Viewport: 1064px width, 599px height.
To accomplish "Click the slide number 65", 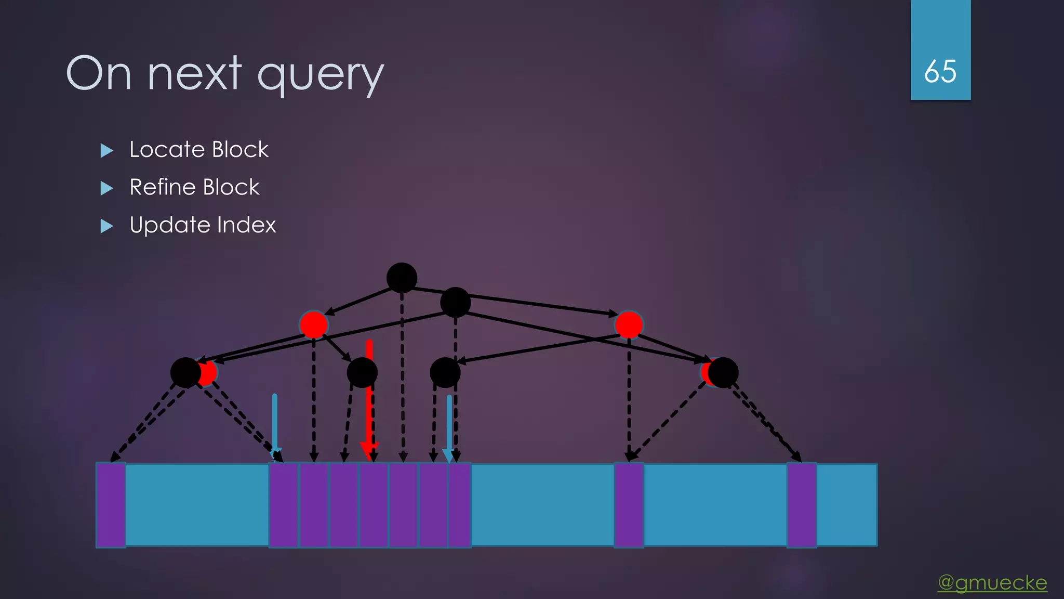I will click(x=940, y=71).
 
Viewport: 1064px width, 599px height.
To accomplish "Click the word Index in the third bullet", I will click(x=246, y=225).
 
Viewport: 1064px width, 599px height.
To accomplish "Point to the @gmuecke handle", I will click(x=992, y=582).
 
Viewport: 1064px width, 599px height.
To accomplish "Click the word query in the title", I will click(x=320, y=75).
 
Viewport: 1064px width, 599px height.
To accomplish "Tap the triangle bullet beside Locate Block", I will click(x=107, y=151).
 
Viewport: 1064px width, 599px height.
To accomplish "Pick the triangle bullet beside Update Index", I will click(x=107, y=226).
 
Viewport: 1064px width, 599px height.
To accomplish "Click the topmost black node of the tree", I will click(x=402, y=278).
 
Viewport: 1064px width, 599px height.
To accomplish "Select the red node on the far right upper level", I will click(x=629, y=325).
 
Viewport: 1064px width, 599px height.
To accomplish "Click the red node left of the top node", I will click(x=313, y=325).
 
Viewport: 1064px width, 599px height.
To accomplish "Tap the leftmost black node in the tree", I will click(x=185, y=372).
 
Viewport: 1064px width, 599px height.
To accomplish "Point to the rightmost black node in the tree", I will click(x=723, y=372).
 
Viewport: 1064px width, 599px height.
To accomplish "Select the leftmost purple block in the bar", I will click(x=111, y=505).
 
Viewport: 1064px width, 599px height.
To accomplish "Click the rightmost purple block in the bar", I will click(x=802, y=505).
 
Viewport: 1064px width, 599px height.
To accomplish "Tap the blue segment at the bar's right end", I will click(x=847, y=505).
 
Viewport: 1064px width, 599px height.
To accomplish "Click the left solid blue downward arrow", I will click(x=275, y=421).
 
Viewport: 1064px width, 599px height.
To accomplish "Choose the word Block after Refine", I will click(x=231, y=187).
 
